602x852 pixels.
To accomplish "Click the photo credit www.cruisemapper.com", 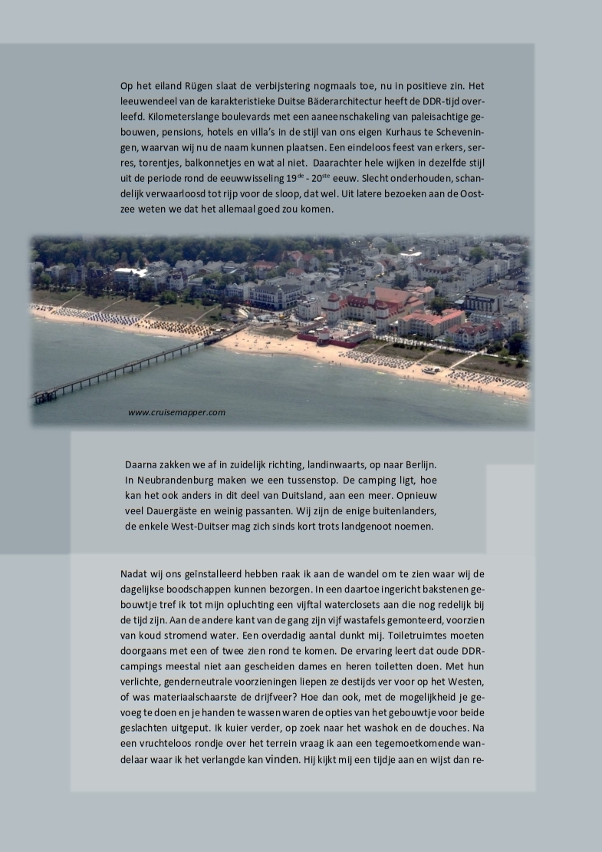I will point(176,413).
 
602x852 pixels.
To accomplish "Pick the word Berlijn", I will point(418,465).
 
